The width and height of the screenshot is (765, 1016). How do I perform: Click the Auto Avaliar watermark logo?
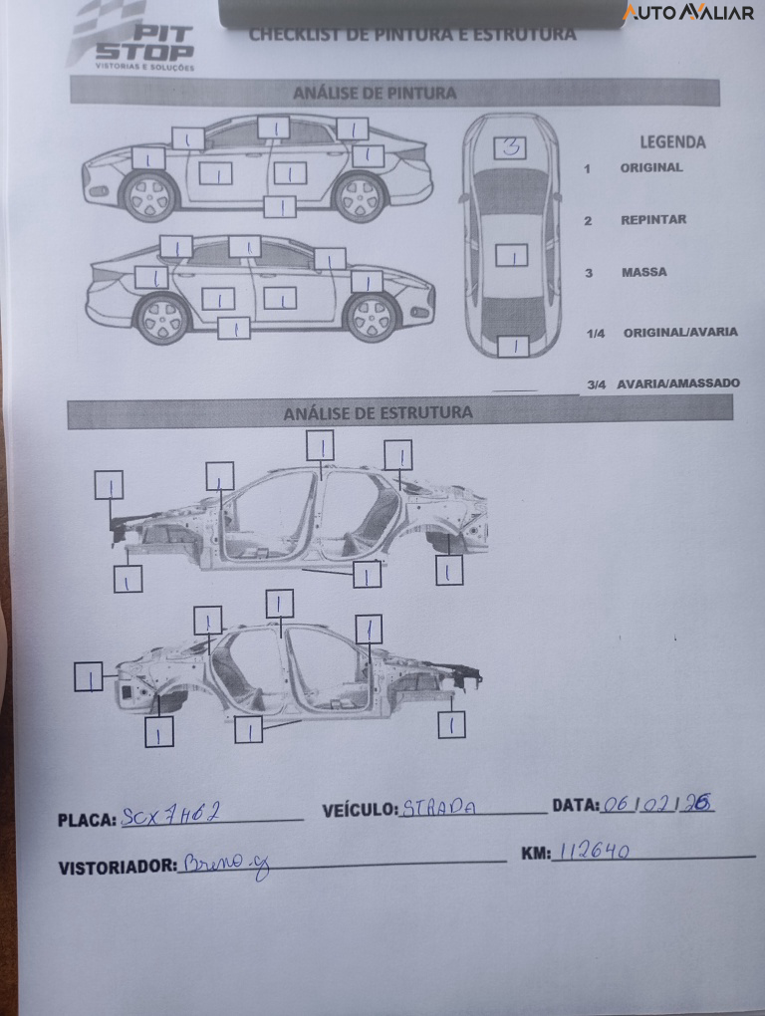point(688,12)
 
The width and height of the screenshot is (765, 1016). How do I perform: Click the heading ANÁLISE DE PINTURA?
point(375,93)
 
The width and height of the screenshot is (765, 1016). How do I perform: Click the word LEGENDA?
point(672,142)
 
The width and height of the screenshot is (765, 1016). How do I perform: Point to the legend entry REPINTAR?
point(652,220)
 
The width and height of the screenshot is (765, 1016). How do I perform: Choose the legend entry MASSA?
point(643,272)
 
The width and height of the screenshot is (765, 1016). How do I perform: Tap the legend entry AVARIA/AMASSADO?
point(677,383)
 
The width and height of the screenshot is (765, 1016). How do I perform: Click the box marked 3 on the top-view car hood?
point(510,148)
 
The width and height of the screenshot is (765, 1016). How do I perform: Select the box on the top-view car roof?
point(511,255)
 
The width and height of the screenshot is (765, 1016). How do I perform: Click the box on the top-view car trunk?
point(513,346)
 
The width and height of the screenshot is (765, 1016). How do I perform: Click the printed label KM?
point(535,855)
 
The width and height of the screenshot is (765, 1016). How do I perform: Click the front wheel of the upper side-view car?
point(149,195)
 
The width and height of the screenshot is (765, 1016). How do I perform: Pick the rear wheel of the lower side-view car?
point(162,318)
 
